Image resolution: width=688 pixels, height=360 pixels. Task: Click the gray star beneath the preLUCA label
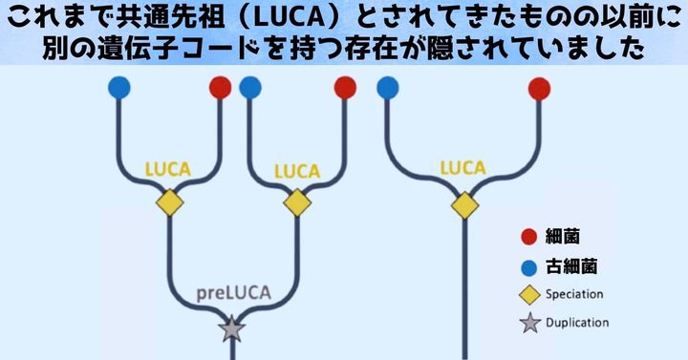coord(231,328)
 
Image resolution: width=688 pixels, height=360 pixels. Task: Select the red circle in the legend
coord(527,236)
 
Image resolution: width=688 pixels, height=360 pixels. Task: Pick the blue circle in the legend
coord(527,265)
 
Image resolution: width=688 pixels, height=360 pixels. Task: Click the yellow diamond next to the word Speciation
coord(527,294)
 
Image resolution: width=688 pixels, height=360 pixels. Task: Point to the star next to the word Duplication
coord(527,323)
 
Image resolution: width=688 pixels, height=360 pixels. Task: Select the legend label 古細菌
coord(570,265)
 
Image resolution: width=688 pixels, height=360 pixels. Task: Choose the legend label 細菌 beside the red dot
coord(563,236)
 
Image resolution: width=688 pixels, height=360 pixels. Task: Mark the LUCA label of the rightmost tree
coord(462,168)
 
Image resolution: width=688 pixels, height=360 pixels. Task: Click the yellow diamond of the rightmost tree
coord(464,204)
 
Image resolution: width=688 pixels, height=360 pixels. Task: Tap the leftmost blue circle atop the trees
coord(119,89)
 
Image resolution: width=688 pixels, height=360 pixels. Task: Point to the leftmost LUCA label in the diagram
coord(167,169)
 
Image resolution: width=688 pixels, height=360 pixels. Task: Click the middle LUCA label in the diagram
coord(295,171)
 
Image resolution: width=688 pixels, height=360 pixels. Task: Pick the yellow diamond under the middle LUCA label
coord(296,203)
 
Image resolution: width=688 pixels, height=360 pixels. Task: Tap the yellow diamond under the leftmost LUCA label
coord(169,203)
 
